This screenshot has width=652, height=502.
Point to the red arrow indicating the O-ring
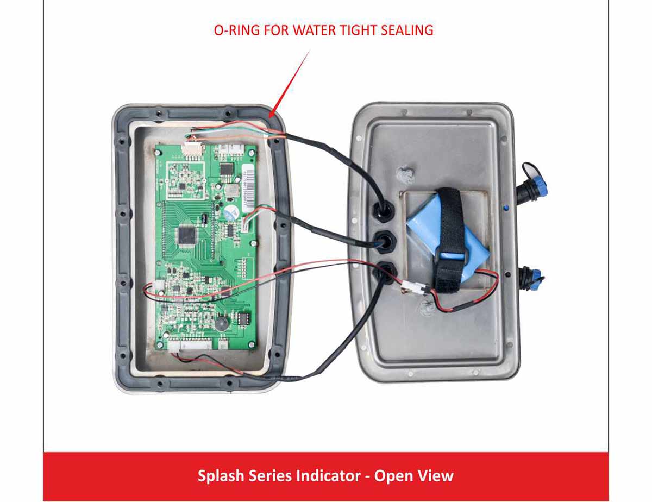(290, 84)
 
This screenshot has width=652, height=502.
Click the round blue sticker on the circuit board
(230, 213)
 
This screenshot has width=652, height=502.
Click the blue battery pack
(447, 237)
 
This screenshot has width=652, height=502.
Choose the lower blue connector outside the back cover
(532, 278)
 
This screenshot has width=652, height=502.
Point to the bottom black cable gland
(384, 272)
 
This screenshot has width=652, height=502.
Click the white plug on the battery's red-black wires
(415, 290)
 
